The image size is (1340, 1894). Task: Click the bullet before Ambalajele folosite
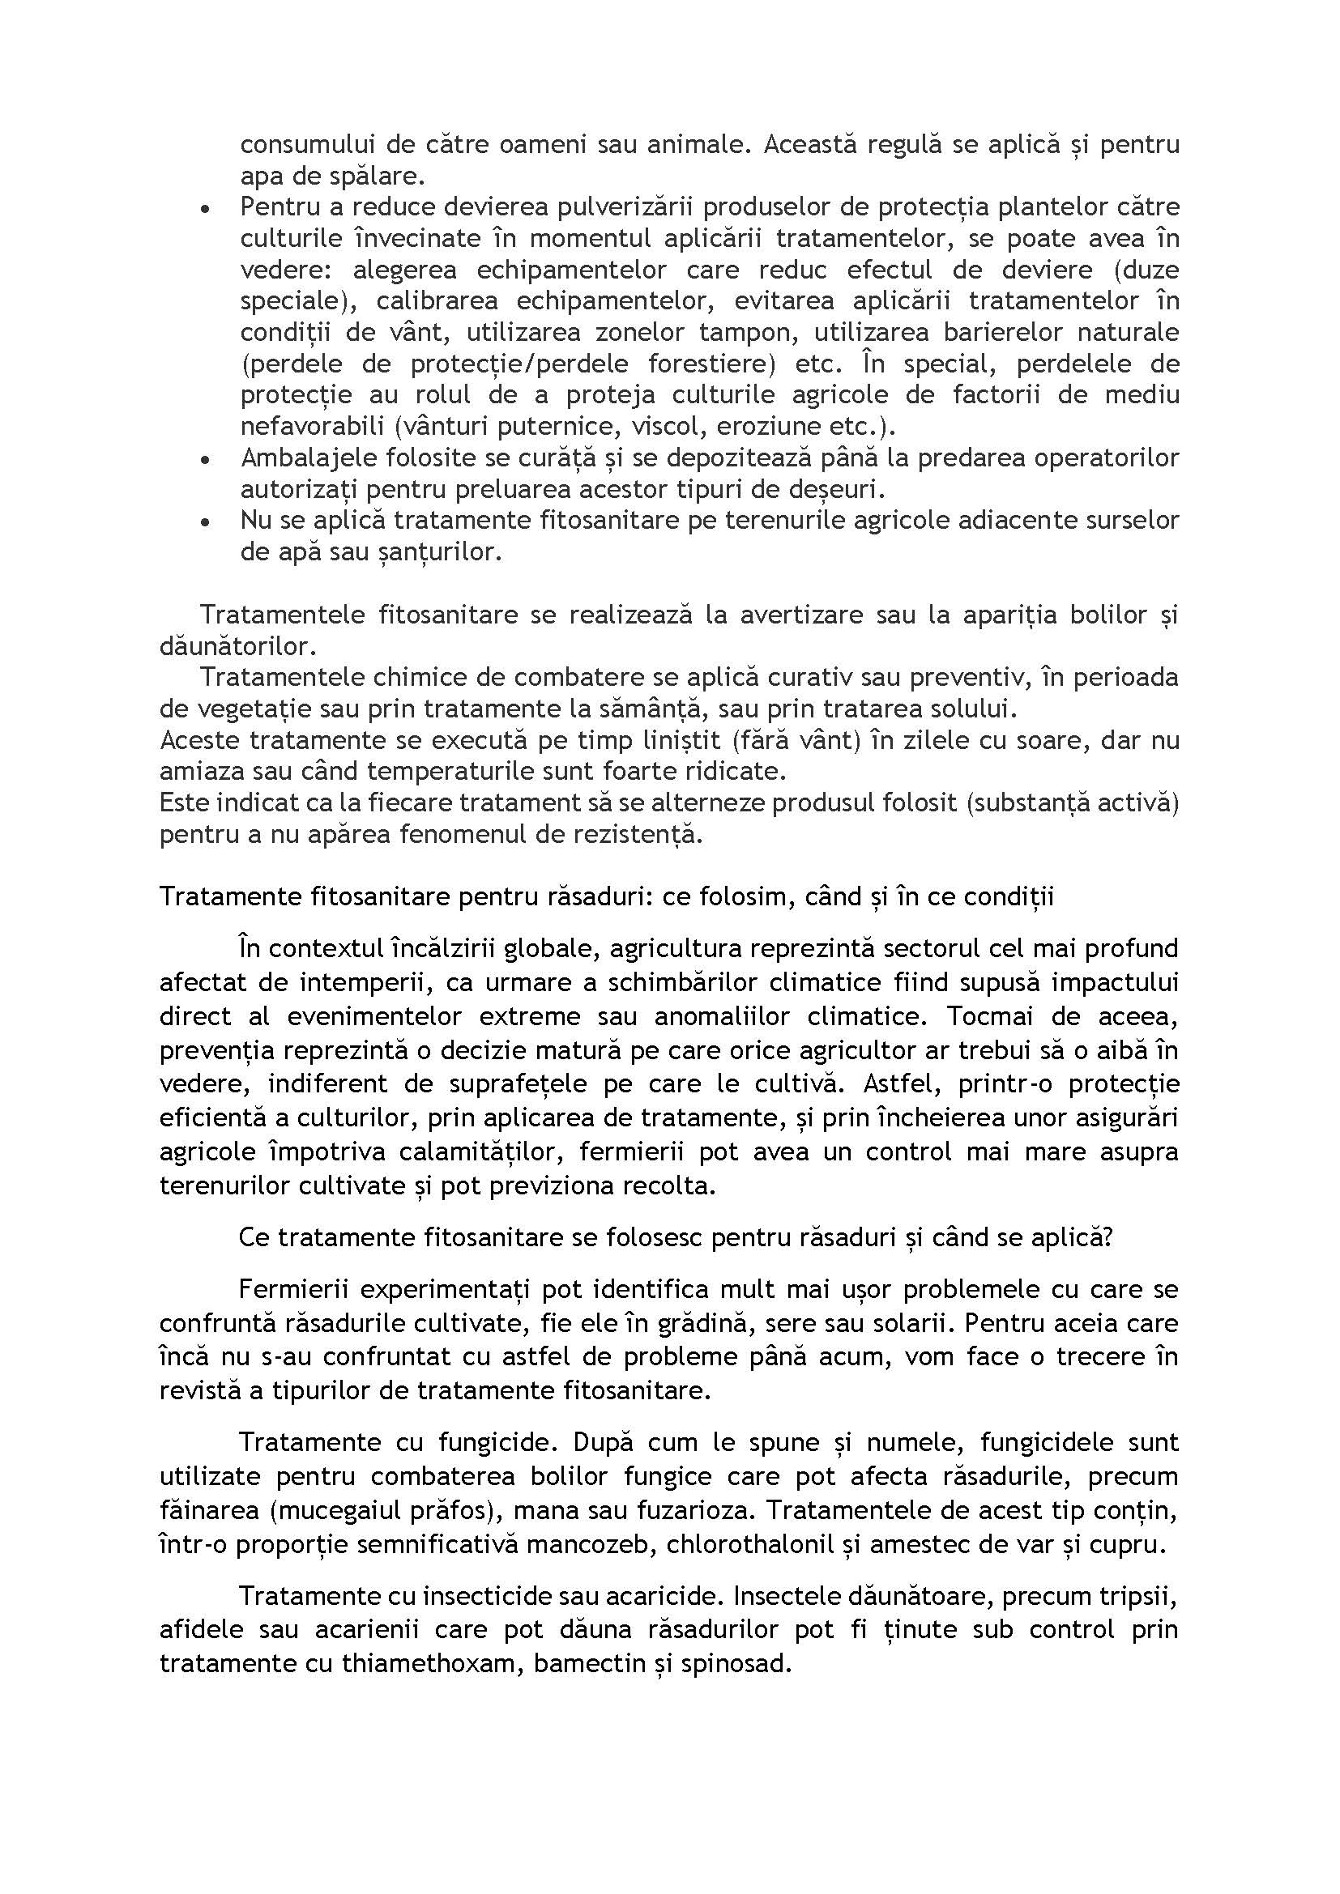[x=205, y=459]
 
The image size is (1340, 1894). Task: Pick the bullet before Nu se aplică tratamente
[x=205, y=522]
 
